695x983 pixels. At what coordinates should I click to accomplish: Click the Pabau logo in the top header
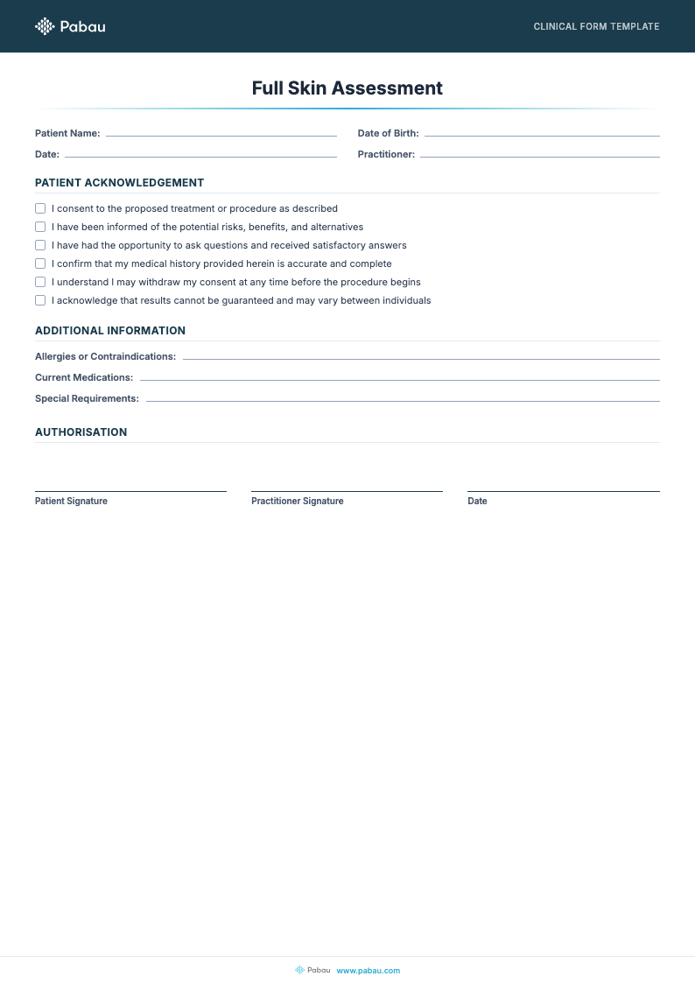pos(70,26)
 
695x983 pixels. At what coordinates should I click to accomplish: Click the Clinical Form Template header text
pos(596,26)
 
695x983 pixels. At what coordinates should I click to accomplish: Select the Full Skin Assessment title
pos(347,88)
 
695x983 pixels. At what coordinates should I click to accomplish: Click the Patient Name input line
pos(221,134)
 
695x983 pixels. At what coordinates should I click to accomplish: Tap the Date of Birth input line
pos(541,134)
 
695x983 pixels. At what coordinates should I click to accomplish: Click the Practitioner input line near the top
pos(539,155)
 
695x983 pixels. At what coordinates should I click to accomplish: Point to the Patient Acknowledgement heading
pos(119,183)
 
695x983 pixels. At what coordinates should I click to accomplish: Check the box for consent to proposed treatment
pos(40,208)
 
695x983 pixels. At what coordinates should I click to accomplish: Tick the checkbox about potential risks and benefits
pos(40,227)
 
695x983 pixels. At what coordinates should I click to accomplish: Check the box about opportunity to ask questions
pos(40,245)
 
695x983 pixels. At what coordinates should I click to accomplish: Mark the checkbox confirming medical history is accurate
pos(40,263)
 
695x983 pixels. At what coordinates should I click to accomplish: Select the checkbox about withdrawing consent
pos(40,282)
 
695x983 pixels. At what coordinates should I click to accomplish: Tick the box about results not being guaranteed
pos(40,300)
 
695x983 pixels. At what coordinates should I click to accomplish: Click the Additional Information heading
pos(110,331)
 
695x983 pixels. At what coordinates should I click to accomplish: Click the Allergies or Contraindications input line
pos(421,357)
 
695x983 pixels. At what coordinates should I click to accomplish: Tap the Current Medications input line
pos(399,378)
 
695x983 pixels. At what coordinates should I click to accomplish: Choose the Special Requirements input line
pos(403,399)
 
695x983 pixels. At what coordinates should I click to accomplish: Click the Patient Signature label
pos(71,502)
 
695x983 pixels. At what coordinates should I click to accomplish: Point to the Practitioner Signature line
pos(347,490)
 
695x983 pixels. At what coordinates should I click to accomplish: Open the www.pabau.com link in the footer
pos(368,970)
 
